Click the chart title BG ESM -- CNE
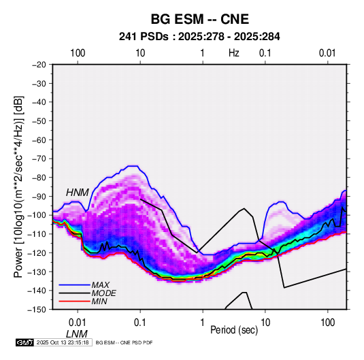200,19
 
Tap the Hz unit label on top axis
234,53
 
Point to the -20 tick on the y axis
39,65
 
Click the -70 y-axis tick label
39,159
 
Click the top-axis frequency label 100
78,53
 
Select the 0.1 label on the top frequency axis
265,53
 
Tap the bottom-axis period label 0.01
78,323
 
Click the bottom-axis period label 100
327,323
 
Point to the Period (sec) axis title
234,330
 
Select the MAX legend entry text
100,285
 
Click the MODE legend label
104,293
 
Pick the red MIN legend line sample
74,301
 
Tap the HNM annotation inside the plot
78,193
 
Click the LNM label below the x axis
77,334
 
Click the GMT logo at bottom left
25,342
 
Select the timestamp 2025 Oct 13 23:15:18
63,342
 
